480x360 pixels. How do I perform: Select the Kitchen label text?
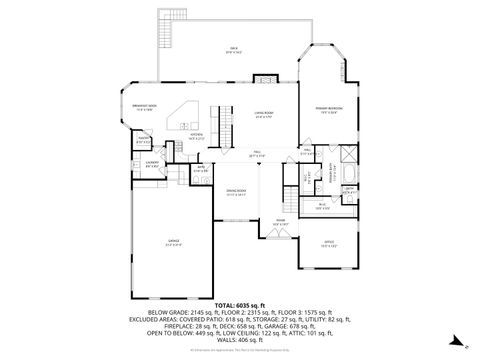click(x=197, y=135)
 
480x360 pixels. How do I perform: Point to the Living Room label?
click(x=263, y=116)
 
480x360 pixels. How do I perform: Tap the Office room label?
click(x=328, y=243)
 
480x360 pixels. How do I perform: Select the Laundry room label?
click(x=152, y=163)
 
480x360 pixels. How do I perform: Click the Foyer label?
click(x=281, y=223)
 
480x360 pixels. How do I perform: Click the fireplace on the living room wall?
click(x=263, y=79)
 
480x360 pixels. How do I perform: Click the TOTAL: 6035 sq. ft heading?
click(x=240, y=304)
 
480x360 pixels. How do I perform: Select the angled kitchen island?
click(x=183, y=119)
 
